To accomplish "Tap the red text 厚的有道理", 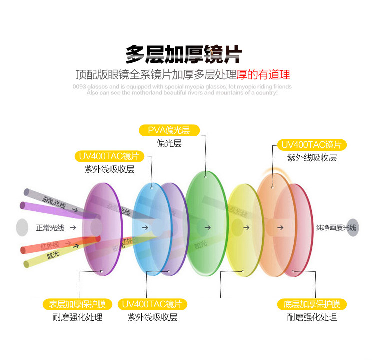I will [263, 75].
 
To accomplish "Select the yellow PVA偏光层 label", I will [169, 131].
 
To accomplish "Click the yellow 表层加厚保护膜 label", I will [77, 304].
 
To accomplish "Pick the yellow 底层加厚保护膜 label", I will [312, 304].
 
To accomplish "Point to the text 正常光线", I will [50, 228].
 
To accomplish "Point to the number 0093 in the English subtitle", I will [79, 87].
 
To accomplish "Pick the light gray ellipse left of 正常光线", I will [21, 228].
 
